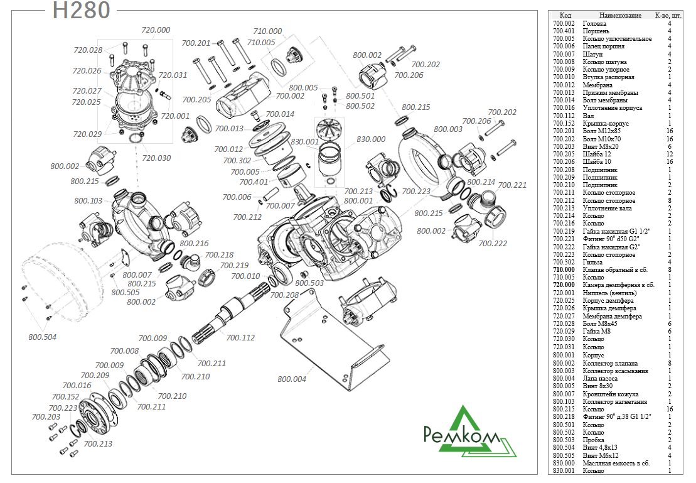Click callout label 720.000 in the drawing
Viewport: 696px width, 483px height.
click(x=156, y=30)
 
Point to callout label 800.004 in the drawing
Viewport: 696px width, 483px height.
click(x=292, y=379)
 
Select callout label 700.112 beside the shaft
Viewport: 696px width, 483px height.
click(x=240, y=338)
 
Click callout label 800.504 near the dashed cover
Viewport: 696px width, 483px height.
click(x=43, y=337)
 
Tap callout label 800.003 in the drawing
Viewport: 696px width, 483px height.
click(x=447, y=129)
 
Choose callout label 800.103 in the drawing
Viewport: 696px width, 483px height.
click(x=88, y=201)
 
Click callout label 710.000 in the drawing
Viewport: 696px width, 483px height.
click(x=267, y=31)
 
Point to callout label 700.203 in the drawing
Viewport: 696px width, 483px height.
click(x=46, y=416)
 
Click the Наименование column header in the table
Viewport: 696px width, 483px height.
click(x=620, y=15)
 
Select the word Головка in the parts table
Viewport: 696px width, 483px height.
click(x=594, y=23)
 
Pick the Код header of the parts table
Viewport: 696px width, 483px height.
click(x=565, y=15)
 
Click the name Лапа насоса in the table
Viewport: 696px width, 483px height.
click(x=600, y=378)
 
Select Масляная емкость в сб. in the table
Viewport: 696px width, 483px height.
click(x=616, y=463)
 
